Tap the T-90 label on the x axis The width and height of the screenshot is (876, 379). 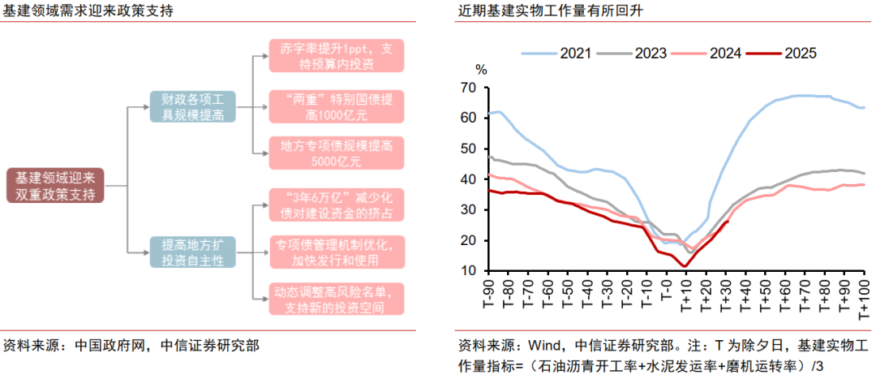click(489, 295)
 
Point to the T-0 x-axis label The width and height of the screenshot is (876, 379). click(666, 293)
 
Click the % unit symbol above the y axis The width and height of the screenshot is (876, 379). click(481, 70)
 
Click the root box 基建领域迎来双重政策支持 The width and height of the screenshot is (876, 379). click(55, 186)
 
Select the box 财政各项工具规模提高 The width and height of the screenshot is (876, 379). click(192, 107)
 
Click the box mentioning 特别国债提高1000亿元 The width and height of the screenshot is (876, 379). click(336, 107)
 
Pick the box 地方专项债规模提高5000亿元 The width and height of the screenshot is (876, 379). click(336, 154)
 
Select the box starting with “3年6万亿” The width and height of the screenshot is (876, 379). click(336, 205)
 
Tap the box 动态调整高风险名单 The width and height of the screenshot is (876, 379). click(336, 299)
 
